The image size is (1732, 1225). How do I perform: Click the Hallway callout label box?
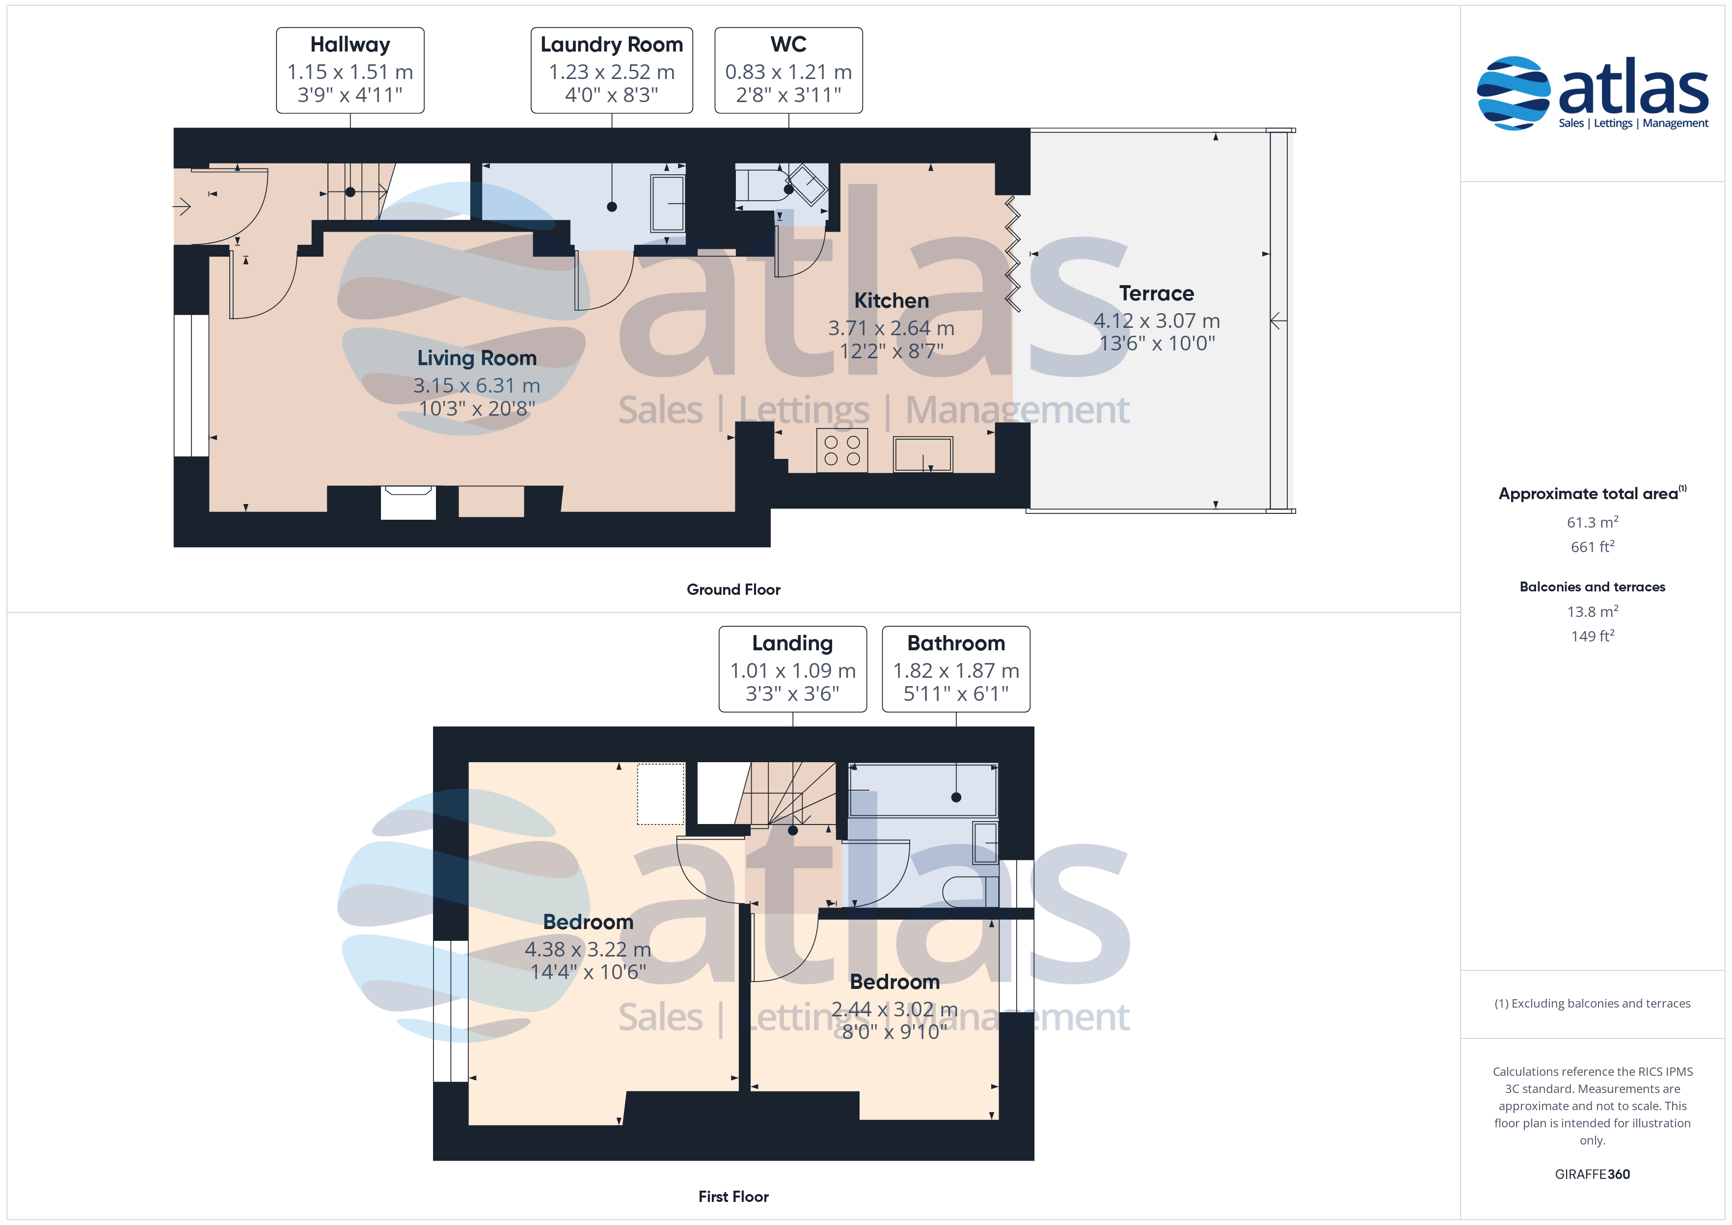pyautogui.click(x=350, y=70)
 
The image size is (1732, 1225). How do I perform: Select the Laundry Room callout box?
pyautogui.click(x=612, y=70)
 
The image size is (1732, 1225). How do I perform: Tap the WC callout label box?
pyautogui.click(x=788, y=70)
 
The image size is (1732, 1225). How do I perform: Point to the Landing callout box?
pyautogui.click(x=793, y=669)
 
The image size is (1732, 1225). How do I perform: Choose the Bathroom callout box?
pyautogui.click(x=956, y=669)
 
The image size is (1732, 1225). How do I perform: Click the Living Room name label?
pyautogui.click(x=477, y=358)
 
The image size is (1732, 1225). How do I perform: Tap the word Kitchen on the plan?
pyautogui.click(x=892, y=300)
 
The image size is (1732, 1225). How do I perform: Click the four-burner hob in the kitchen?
pyautogui.click(x=842, y=451)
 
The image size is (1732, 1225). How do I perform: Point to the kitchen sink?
pyautogui.click(x=922, y=454)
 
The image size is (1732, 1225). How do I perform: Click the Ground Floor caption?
pyautogui.click(x=733, y=589)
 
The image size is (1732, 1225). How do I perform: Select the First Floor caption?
pyautogui.click(x=733, y=1197)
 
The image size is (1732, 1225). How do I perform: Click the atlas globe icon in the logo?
pyautogui.click(x=1513, y=93)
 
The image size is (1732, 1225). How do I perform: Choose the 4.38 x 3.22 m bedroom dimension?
pyautogui.click(x=588, y=949)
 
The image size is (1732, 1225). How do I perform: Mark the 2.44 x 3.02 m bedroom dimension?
pyautogui.click(x=894, y=1009)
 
